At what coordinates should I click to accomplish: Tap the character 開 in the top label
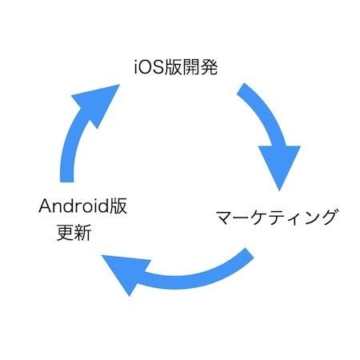[191, 67]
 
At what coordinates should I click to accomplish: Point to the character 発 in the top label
[209, 67]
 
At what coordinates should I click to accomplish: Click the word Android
[74, 206]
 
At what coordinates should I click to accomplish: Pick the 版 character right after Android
[118, 206]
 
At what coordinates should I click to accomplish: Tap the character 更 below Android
[65, 233]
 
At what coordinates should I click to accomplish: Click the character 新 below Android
[82, 233]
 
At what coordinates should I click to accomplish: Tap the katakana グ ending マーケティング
[327, 217]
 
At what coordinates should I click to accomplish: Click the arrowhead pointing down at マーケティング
[279, 166]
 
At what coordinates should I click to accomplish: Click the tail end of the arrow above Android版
[66, 182]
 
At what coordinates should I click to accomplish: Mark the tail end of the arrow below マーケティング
[250, 254]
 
